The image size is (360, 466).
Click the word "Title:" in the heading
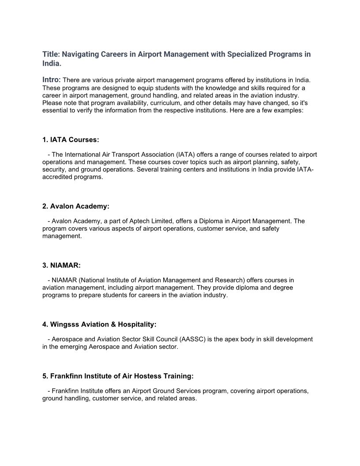point(51,54)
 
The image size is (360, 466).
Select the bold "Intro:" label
point(52,80)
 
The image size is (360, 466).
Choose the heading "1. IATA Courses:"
point(71,140)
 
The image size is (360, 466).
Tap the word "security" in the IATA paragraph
point(54,169)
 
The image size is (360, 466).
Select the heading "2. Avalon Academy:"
point(75,207)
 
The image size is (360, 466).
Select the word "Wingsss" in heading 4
point(64,325)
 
